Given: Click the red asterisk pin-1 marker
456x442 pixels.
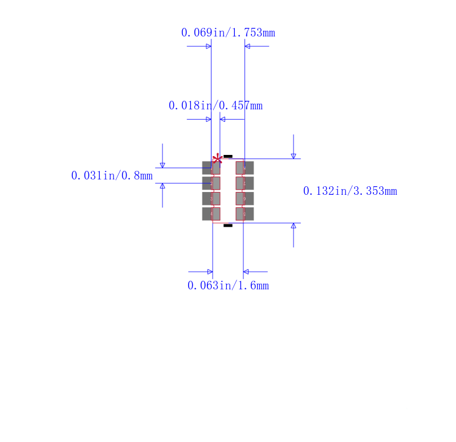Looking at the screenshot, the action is [x=217, y=159].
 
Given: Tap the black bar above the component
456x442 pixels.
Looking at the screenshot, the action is [x=228, y=156].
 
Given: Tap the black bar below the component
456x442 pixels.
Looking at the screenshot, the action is [x=228, y=226].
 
